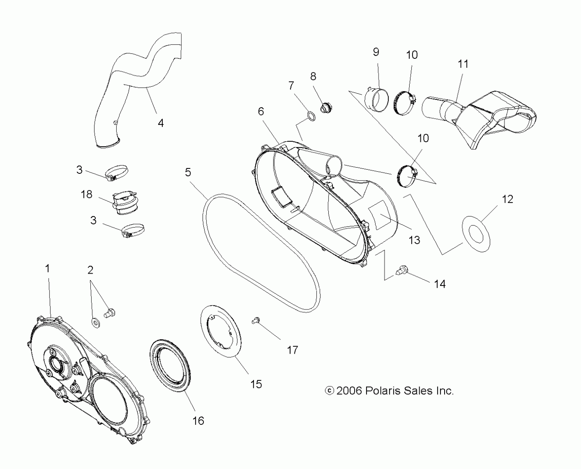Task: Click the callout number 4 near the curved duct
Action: pos(161,123)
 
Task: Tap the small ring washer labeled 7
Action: pos(312,116)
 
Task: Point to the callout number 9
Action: pos(376,52)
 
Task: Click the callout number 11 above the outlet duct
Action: pos(463,64)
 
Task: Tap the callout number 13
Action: pos(414,240)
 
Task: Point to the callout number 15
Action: pos(256,384)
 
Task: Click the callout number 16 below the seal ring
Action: pos(198,421)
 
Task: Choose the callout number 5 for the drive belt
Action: pos(188,172)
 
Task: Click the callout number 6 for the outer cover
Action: pos(261,111)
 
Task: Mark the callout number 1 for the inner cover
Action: pos(47,268)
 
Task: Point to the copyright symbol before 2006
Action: pos(330,391)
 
